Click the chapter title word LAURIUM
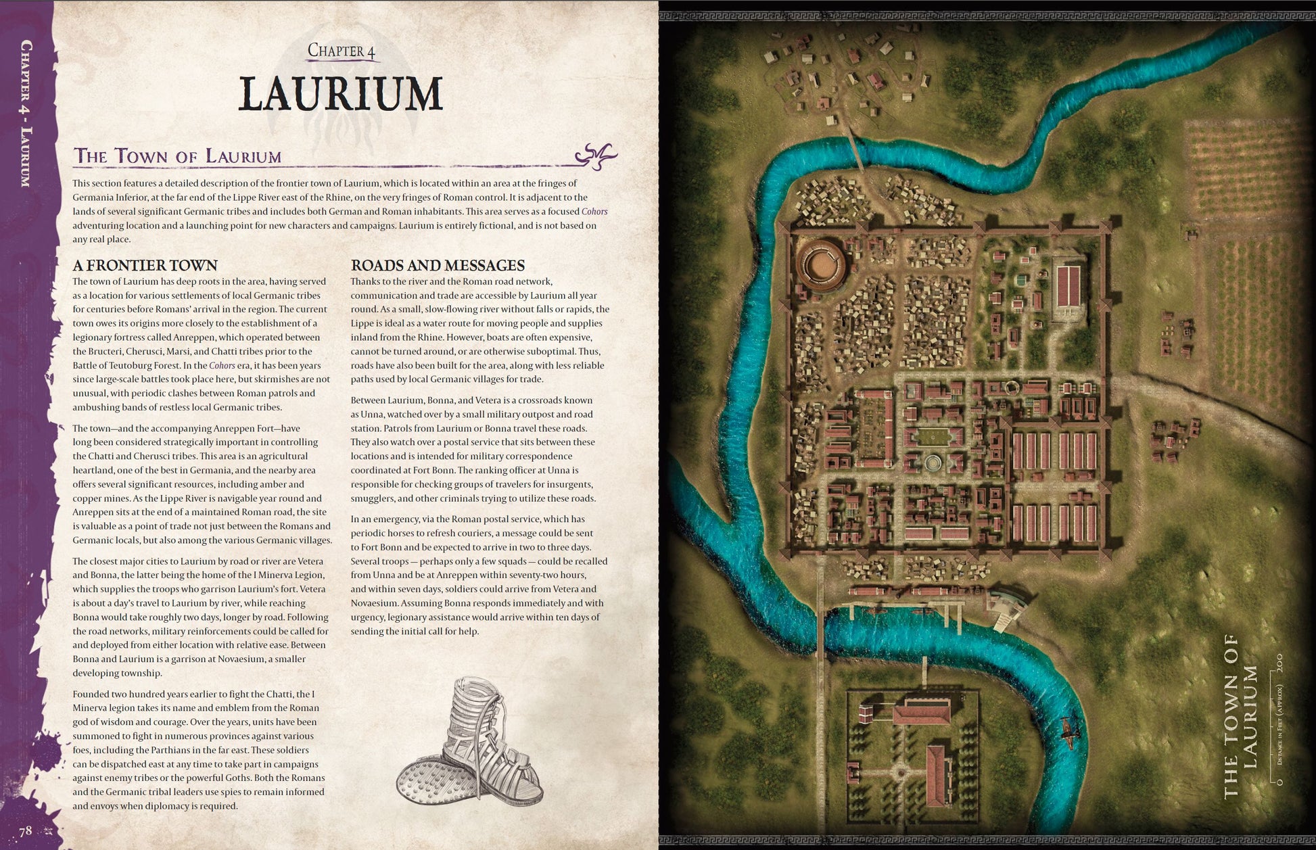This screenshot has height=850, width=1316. pos(341,94)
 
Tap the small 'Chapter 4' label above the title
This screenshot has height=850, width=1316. pos(341,51)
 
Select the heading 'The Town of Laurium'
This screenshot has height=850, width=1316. pos(177,157)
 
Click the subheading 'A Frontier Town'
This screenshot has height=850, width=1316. pos(145,265)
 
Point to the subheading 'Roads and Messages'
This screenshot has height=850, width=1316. pos(438,265)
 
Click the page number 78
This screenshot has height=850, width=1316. pos(26,831)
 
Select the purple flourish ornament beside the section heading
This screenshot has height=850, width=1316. pos(596,156)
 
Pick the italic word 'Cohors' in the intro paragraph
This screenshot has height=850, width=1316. pos(594,212)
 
